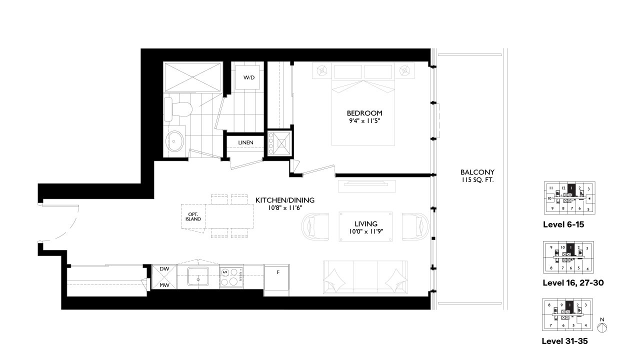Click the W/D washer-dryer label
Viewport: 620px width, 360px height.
[248, 78]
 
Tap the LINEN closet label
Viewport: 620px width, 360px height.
[245, 142]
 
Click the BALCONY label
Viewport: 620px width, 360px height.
[477, 172]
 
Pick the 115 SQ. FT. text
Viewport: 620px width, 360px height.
[477, 179]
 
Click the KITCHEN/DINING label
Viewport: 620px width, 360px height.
[285, 200]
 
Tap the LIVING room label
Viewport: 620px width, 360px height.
[366, 223]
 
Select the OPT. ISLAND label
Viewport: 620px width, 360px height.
[192, 216]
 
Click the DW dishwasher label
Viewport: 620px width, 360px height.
[164, 269]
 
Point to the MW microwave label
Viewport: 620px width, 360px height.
[164, 285]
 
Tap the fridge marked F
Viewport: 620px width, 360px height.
[277, 272]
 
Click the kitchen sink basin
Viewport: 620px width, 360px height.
[200, 276]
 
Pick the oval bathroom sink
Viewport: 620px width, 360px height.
[174, 141]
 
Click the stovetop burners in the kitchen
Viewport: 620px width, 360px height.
[231, 277]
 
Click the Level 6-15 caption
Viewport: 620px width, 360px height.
[563, 224]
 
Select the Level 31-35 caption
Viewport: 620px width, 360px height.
[564, 341]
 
